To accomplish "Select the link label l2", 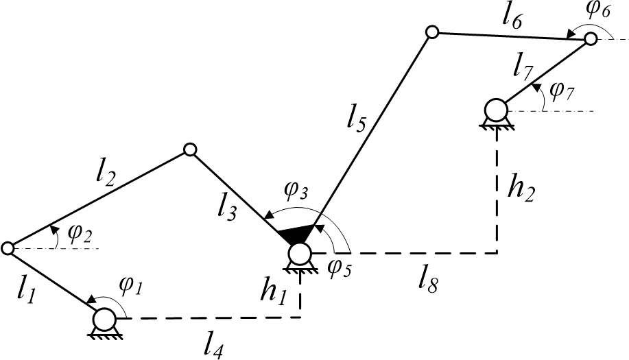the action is pos(106,174).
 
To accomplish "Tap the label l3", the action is pos(226,208).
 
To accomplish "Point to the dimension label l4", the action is pos(213,346).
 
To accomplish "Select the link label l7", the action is pos(523,67).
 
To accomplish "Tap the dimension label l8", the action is pos(427,283).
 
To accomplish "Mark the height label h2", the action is pos(521,189).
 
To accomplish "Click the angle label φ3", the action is pos(296,191).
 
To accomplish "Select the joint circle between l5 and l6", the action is pos(431,32).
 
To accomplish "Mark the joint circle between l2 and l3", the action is pos(190,150).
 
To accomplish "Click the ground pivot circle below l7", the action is pos(495,110).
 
